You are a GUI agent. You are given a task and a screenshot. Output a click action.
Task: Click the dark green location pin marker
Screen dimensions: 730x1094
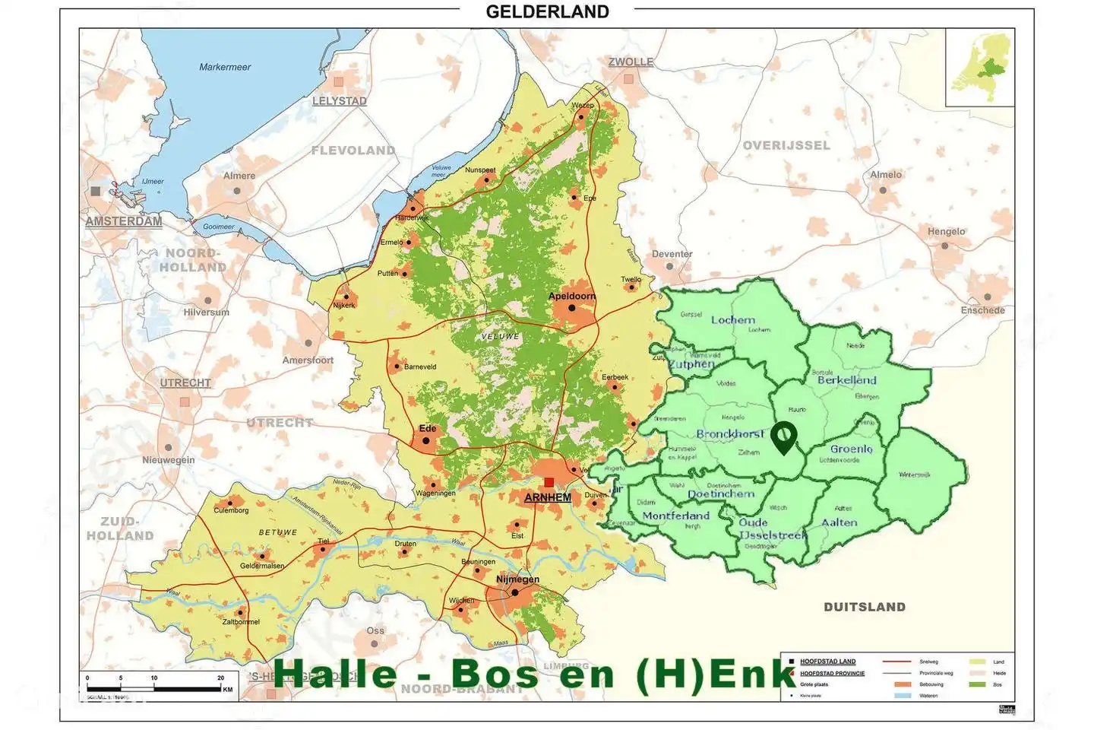pos(783,437)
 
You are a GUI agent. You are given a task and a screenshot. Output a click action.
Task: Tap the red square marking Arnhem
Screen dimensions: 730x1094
pos(549,482)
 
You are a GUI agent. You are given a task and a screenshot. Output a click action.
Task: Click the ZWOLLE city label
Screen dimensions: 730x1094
pos(631,62)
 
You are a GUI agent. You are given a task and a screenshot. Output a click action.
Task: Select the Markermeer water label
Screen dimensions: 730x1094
pos(225,67)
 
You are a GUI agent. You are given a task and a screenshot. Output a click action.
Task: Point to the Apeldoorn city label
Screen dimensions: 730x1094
pos(572,296)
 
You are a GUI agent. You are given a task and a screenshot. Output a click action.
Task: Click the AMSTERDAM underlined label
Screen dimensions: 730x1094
pos(124,221)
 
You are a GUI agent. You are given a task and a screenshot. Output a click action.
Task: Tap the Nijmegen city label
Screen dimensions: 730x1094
pos(517,579)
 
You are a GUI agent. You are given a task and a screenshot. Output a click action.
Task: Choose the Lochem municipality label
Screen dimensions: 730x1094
pos(733,320)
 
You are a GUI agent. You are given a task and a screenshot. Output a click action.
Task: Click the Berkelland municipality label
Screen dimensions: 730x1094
pos(846,379)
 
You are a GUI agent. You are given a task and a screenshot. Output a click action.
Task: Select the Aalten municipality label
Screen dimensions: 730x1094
pos(839,522)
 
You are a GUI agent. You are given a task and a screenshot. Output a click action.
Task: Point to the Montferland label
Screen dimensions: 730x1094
pos(675,516)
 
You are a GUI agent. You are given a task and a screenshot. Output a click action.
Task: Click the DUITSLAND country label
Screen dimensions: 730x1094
pos(865,607)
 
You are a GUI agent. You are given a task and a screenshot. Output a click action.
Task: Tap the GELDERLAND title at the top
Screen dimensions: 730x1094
pos(547,11)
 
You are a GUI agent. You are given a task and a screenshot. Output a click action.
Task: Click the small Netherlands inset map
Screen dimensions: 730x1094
pos(980,67)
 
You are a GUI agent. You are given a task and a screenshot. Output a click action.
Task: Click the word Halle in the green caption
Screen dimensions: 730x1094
pos(335,674)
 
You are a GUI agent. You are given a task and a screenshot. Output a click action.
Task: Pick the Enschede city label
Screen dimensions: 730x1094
pos(982,310)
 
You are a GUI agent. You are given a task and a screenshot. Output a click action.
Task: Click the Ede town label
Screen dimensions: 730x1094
pos(428,428)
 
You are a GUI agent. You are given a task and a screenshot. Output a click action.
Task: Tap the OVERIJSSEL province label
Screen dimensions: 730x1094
pos(786,145)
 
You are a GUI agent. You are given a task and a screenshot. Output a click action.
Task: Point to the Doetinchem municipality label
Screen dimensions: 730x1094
pos(721,494)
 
